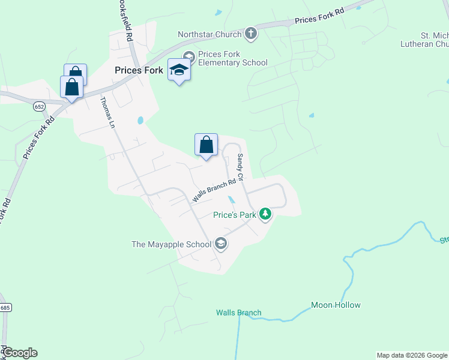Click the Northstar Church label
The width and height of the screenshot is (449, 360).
[210, 34]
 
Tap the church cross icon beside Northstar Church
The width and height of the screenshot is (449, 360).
[251, 34]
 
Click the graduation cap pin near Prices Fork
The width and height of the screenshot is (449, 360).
[179, 71]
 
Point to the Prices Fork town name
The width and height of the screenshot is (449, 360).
[139, 70]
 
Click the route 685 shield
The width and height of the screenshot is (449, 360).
[5, 307]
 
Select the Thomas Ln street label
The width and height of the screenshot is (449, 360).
[108, 113]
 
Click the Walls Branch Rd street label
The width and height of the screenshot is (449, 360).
[214, 191]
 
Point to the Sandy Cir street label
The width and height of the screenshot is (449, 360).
[240, 167]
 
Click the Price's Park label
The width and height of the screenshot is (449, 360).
[235, 215]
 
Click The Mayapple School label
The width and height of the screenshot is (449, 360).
[172, 244]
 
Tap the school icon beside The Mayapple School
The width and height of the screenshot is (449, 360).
[221, 243]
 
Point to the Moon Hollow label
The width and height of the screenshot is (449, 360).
[336, 305]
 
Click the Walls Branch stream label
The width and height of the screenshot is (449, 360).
[239, 313]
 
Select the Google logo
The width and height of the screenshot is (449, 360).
[20, 353]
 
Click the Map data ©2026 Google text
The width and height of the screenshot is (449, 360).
[412, 355]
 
